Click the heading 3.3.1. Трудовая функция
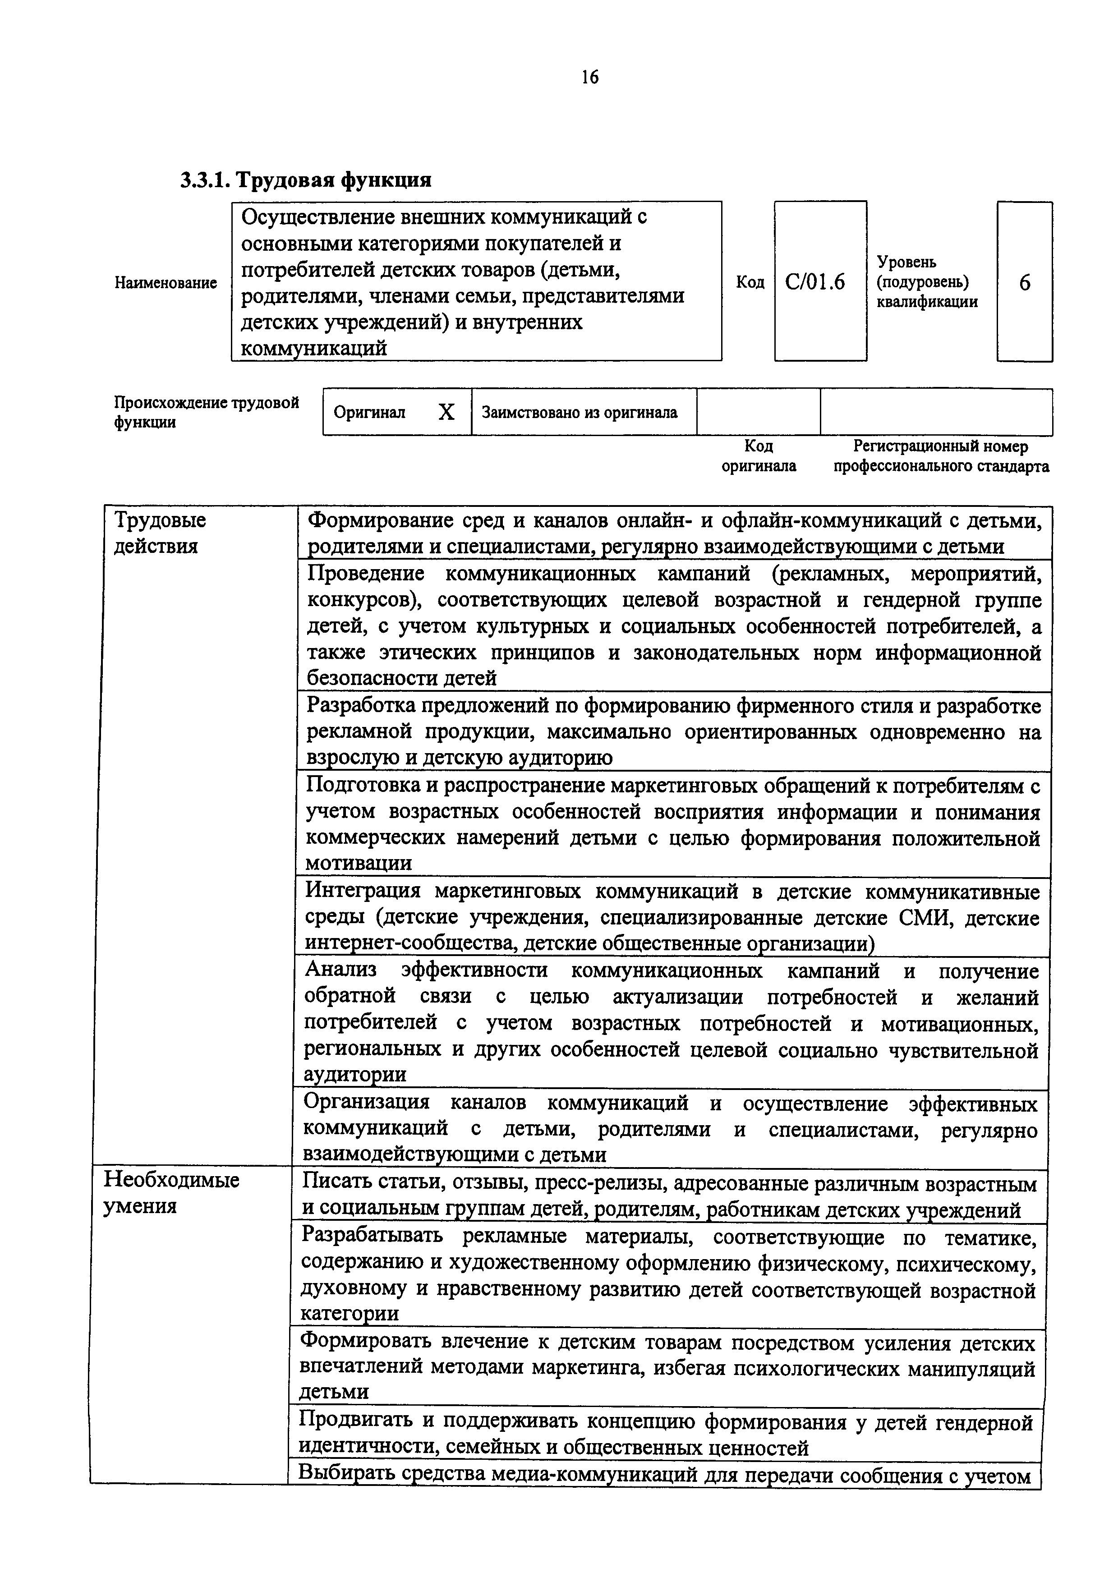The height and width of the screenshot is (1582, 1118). pos(306,180)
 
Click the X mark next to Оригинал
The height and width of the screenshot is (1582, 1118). pos(446,413)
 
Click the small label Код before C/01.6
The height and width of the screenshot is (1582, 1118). pos(750,282)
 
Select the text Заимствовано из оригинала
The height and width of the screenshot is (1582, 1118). pos(580,413)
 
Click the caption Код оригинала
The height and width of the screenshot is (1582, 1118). pos(759,456)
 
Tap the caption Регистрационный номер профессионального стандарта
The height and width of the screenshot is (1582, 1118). pos(941,456)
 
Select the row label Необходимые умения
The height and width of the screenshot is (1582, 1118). pos(171,1193)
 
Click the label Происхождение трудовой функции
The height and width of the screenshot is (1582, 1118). pos(206,412)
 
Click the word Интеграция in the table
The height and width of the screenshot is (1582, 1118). pos(362,892)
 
